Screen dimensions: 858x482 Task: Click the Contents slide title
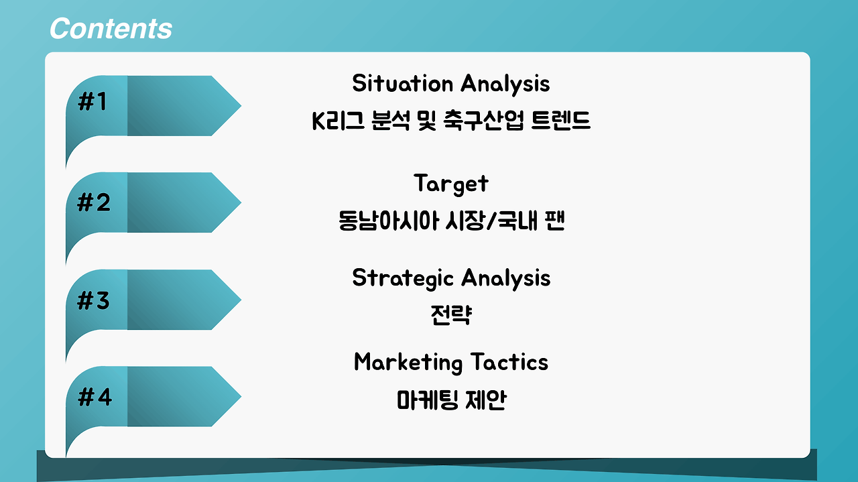pyautogui.click(x=111, y=28)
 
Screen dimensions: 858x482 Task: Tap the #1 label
pyautogui.click(x=92, y=101)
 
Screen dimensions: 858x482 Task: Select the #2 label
pyautogui.click(x=94, y=202)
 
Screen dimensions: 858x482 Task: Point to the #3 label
pyautogui.click(x=93, y=300)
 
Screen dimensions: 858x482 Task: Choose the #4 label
pyautogui.click(x=95, y=397)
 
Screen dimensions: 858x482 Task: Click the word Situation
pyautogui.click(x=403, y=83)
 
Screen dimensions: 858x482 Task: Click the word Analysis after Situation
pyautogui.click(x=505, y=84)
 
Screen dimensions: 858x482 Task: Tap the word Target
pyautogui.click(x=451, y=184)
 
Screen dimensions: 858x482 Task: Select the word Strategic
pyautogui.click(x=403, y=279)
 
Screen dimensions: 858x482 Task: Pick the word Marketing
pyautogui.click(x=408, y=363)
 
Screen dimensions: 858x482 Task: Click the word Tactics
pyautogui.click(x=509, y=362)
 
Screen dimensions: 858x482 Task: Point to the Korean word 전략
pyautogui.click(x=451, y=314)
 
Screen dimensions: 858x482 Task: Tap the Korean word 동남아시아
pyautogui.click(x=388, y=221)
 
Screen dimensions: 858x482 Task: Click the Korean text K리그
pyautogui.click(x=339, y=120)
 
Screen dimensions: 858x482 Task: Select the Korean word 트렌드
pyautogui.click(x=561, y=120)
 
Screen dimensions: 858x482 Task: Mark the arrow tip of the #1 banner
pyautogui.click(x=241, y=105)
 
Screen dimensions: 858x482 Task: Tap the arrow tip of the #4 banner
pyautogui.click(x=241, y=397)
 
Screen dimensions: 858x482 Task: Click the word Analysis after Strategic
pyautogui.click(x=506, y=279)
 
